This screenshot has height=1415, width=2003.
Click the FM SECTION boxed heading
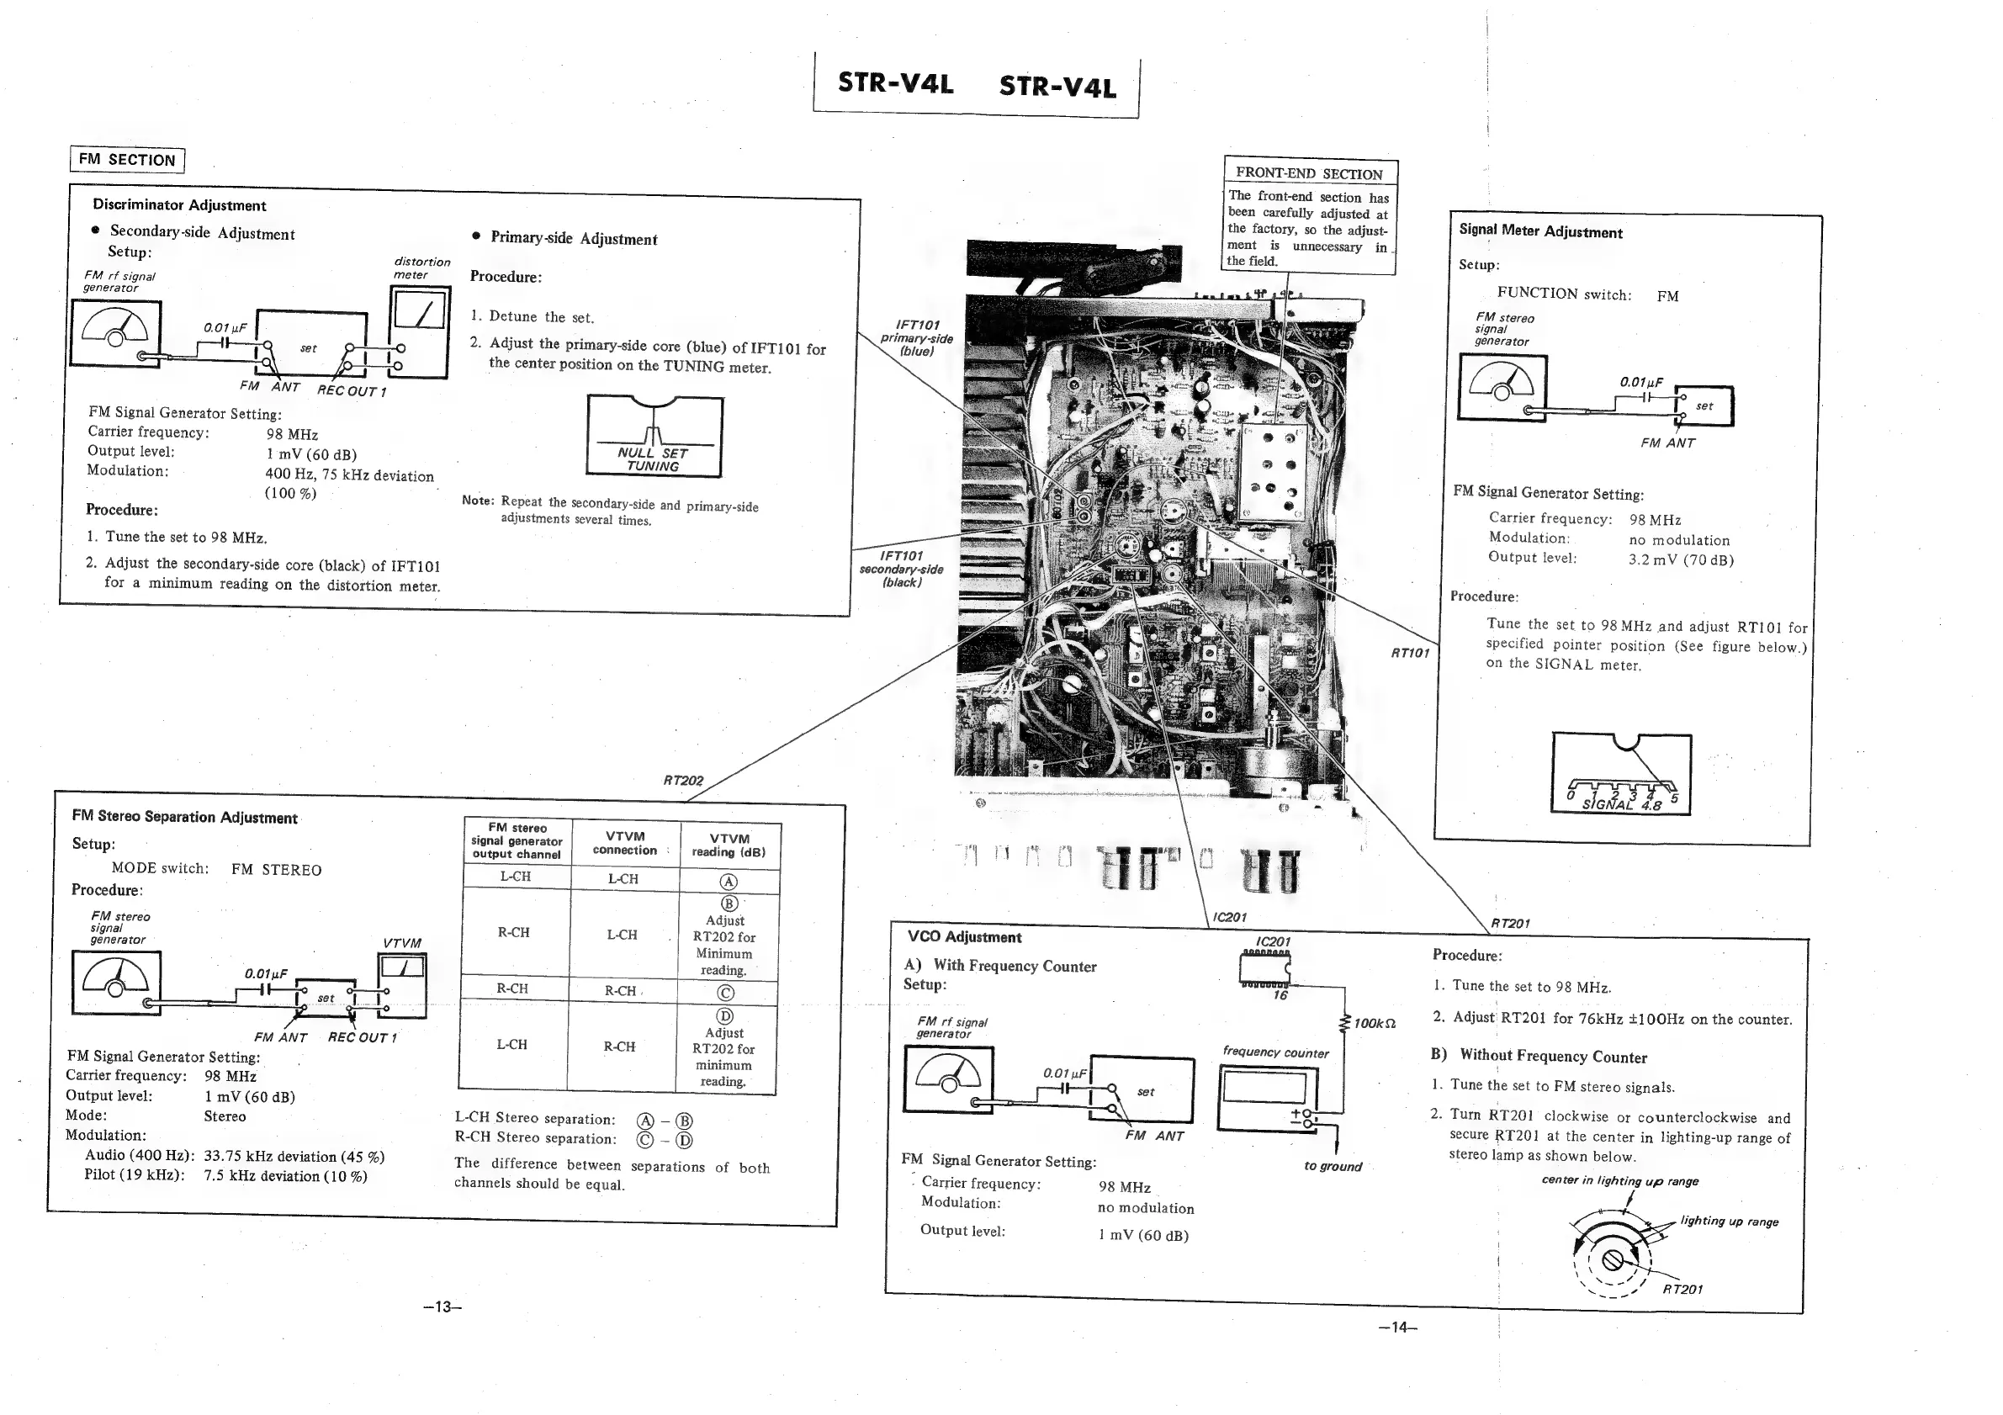(126, 160)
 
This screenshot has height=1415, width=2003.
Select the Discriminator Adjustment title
(179, 205)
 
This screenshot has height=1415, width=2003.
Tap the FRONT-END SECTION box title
(1309, 173)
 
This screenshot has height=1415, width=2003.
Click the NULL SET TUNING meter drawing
(654, 436)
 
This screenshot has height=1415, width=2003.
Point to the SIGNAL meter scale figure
(1621, 775)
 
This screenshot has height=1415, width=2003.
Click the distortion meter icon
(419, 332)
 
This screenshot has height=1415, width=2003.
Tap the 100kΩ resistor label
(1374, 1022)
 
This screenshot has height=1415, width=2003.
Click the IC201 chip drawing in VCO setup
(1264, 967)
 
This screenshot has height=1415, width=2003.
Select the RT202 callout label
(683, 780)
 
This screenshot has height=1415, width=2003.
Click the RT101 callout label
(1410, 653)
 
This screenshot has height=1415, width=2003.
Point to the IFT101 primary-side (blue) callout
(916, 337)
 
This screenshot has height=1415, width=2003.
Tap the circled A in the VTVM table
(729, 882)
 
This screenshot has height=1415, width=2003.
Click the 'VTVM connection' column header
(625, 843)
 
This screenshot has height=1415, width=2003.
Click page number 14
(1397, 1327)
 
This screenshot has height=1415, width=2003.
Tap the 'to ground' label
(1333, 1166)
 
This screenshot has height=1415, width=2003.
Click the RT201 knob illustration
(1613, 1259)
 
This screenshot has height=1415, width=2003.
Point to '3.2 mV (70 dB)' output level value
(1680, 560)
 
